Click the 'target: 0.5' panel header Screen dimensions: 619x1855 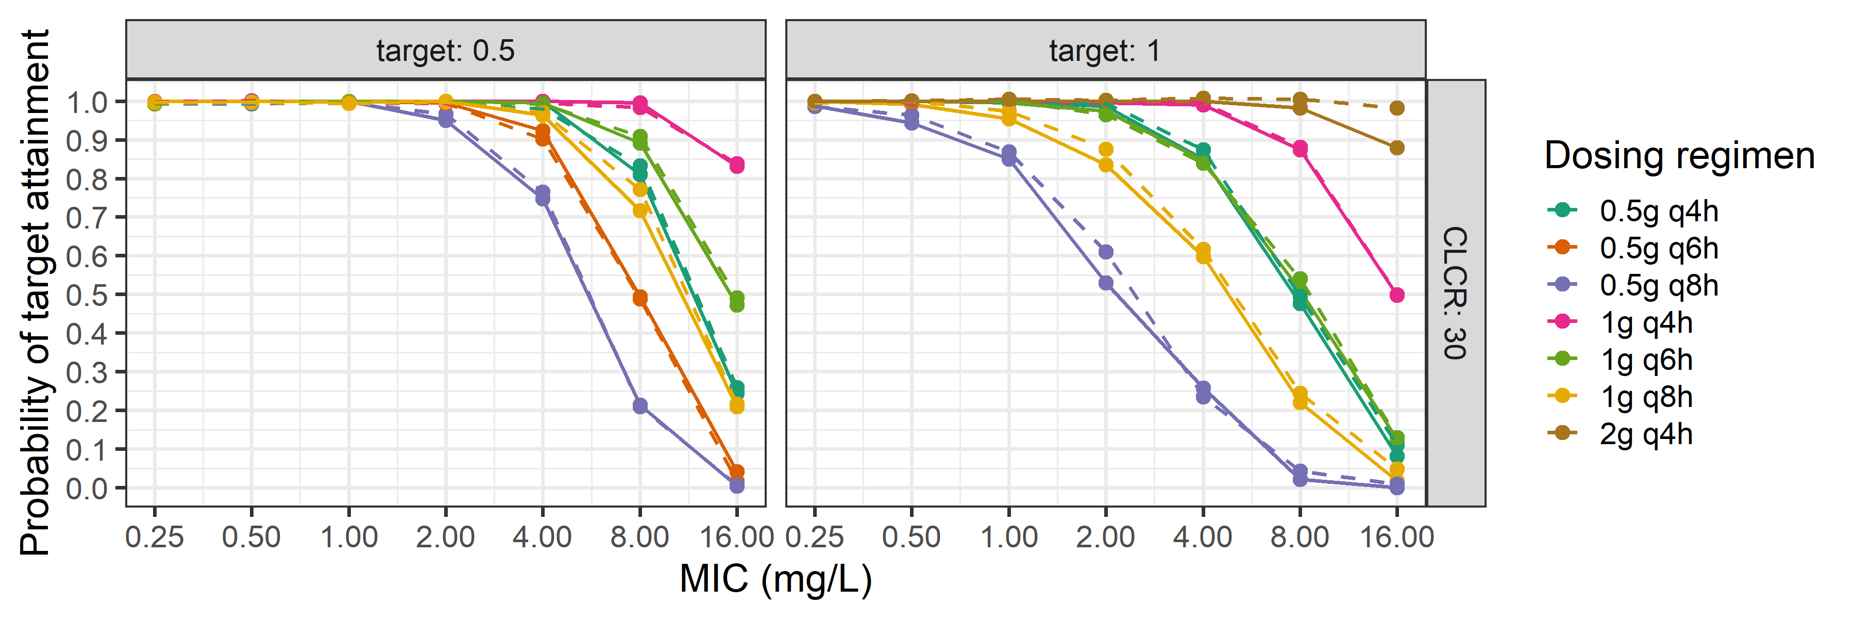pyautogui.click(x=445, y=51)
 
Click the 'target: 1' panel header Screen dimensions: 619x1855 pyautogui.click(x=1105, y=51)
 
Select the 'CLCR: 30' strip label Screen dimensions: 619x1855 pyautogui.click(x=1455, y=292)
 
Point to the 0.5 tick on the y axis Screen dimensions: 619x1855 pyautogui.click(x=87, y=295)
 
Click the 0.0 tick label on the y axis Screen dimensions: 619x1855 pyautogui.click(x=87, y=488)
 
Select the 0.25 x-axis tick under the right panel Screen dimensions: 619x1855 pyautogui.click(x=815, y=537)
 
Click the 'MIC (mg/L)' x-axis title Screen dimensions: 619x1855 pyautogui.click(x=775, y=579)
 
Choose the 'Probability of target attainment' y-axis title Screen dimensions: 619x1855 pyautogui.click(x=35, y=292)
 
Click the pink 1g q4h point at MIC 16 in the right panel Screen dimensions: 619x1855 pyautogui.click(x=1396, y=295)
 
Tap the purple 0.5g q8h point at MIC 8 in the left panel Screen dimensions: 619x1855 pyautogui.click(x=639, y=406)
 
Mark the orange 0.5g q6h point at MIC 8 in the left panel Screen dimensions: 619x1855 pyautogui.click(x=639, y=298)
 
